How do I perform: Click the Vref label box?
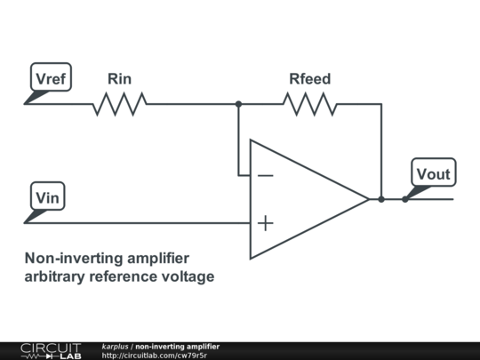click(51, 77)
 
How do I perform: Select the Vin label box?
click(47, 196)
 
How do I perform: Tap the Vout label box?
click(434, 172)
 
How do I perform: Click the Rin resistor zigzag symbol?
click(120, 104)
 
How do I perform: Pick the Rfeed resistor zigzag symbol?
click(310, 104)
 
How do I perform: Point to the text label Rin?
click(120, 79)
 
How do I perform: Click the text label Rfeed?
click(310, 79)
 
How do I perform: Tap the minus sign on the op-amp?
click(266, 175)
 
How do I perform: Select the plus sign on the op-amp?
click(266, 223)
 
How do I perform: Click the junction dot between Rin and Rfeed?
click(238, 104)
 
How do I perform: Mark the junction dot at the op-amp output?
click(381, 199)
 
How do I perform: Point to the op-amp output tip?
click(369, 199)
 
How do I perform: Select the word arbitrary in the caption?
click(54, 276)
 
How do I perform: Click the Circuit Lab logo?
click(51, 351)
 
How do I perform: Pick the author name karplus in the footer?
click(115, 347)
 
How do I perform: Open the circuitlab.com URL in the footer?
click(155, 356)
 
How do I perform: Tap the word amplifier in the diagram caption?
click(158, 258)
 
